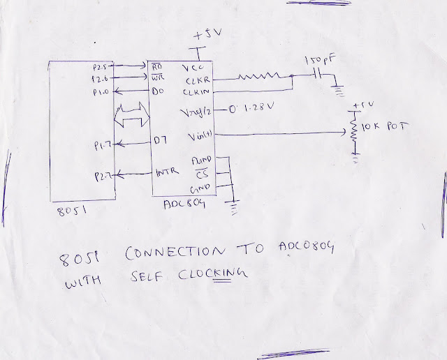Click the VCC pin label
(x=191, y=68)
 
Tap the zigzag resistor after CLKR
(x=258, y=77)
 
